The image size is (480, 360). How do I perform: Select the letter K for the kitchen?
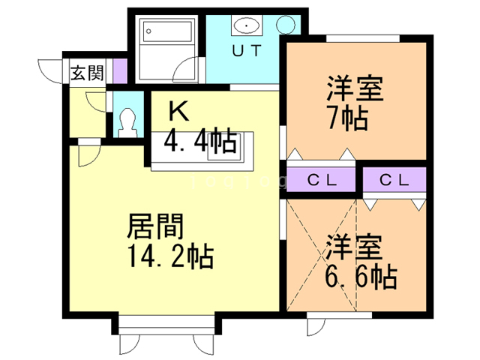(x=178, y=111)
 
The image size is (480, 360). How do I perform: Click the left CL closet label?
(x=322, y=180)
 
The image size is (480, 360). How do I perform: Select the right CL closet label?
(x=394, y=180)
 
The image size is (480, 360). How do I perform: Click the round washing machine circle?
(x=286, y=24)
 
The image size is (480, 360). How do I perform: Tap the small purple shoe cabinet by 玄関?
(x=119, y=72)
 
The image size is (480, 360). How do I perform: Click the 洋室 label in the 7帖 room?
(x=355, y=89)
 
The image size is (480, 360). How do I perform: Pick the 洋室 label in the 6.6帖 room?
(x=355, y=247)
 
